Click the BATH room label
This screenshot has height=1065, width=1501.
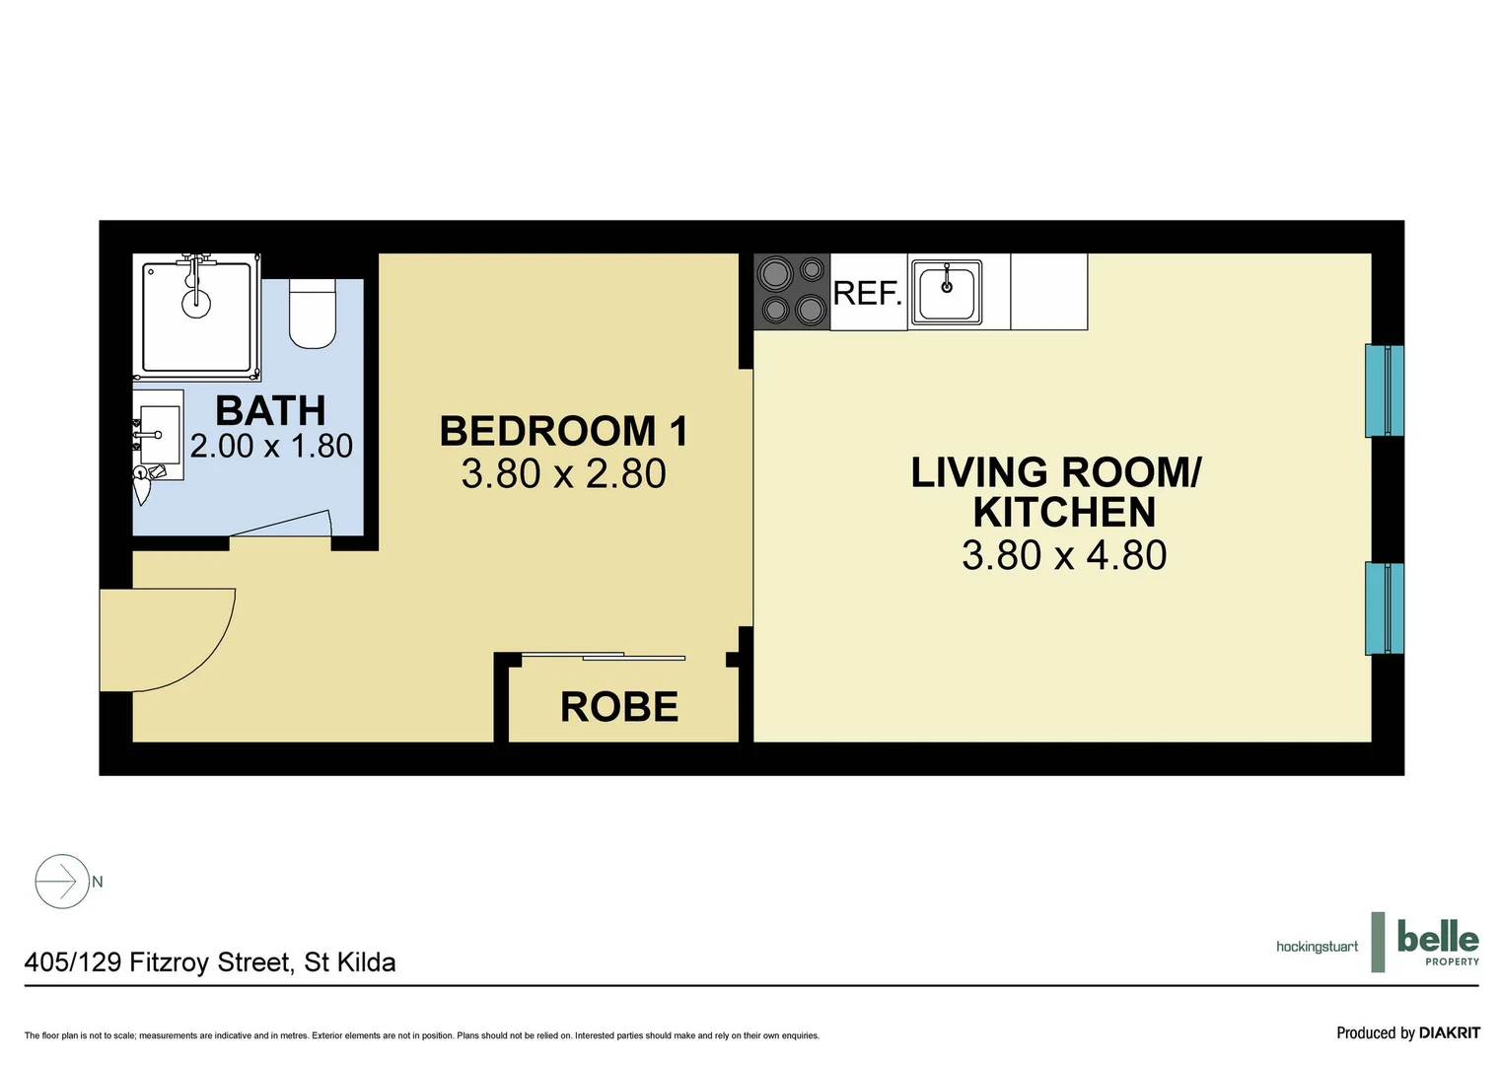point(270,410)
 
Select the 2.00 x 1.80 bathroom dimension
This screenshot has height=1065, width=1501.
point(271,447)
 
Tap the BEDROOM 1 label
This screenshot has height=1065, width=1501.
point(563,431)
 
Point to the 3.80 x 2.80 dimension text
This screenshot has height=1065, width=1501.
point(563,474)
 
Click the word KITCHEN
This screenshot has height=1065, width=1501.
point(1064,513)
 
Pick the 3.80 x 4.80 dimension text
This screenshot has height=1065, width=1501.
point(1064,556)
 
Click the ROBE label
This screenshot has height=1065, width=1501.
point(619,707)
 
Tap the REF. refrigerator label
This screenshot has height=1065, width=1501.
point(868,294)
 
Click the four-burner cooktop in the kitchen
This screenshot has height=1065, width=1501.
point(792,291)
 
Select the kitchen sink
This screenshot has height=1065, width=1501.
point(946,292)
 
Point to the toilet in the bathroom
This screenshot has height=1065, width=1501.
point(313,314)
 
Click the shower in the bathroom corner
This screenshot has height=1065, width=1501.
point(196,317)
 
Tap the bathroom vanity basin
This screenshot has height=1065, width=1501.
point(158,435)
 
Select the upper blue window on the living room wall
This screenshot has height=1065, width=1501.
point(1384,390)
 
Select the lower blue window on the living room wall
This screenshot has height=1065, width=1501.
point(1384,607)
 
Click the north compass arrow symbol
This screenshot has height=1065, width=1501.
point(62,881)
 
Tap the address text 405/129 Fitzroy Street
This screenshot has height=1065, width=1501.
point(209,962)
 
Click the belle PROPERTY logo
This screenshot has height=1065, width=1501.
point(1437,943)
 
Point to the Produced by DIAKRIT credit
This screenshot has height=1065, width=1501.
point(1407,1032)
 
